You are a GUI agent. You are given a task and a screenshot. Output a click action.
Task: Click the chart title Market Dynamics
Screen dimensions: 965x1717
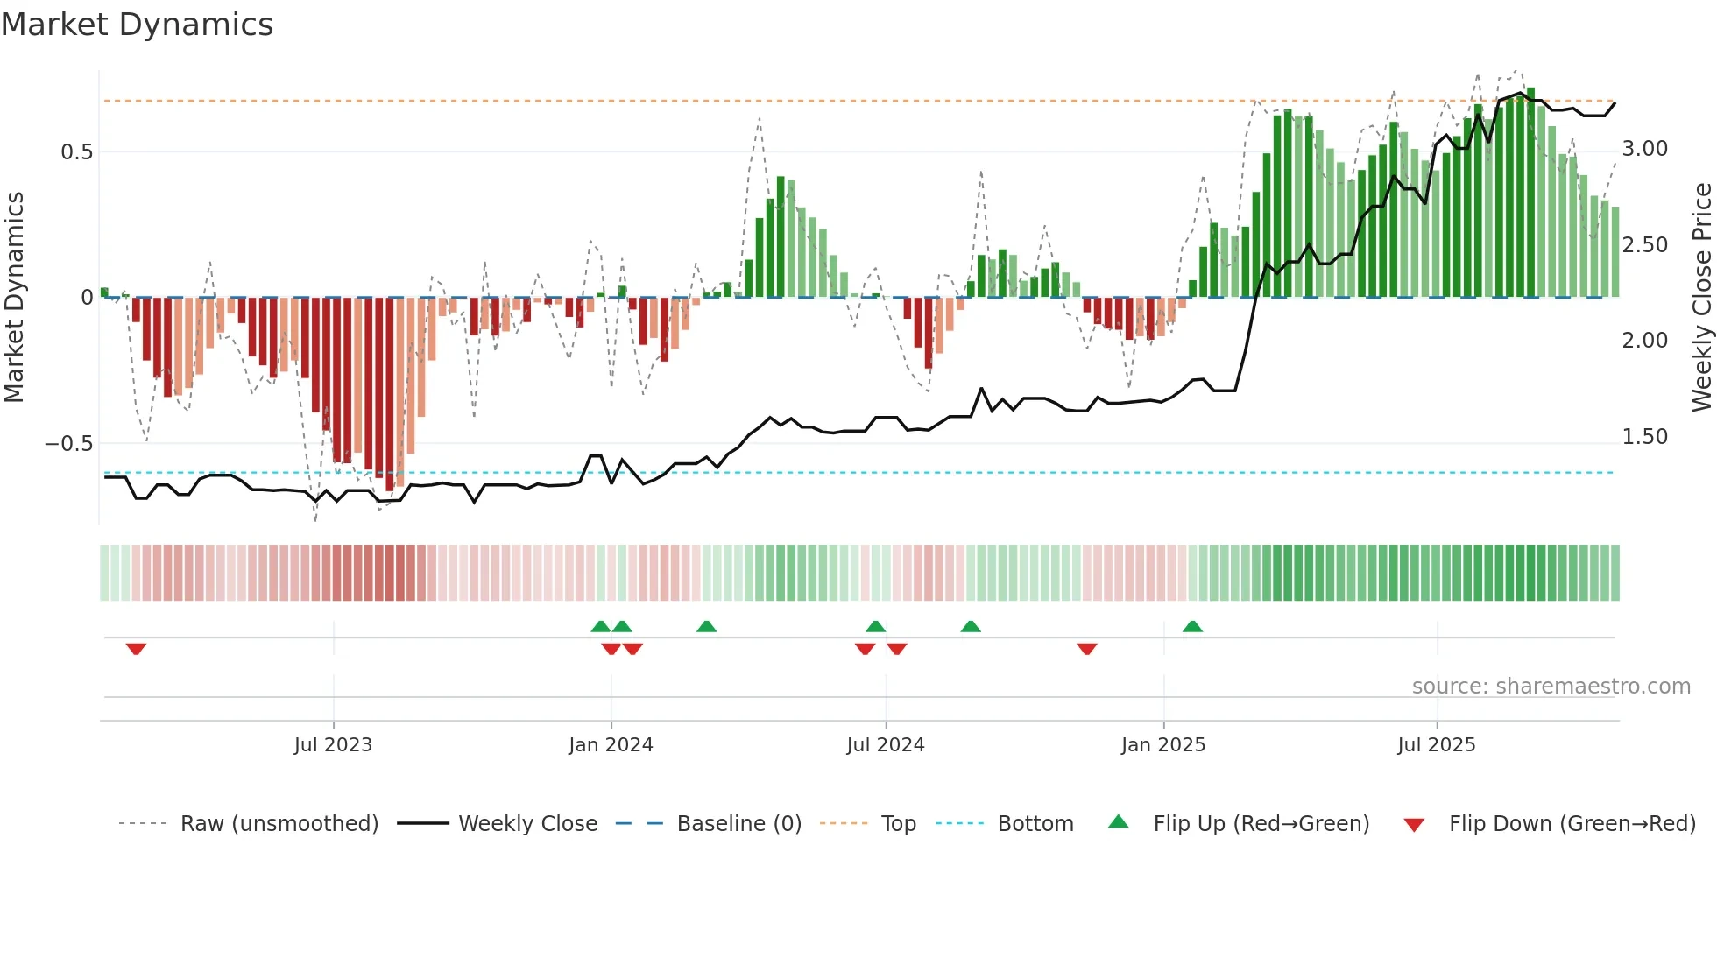tap(137, 25)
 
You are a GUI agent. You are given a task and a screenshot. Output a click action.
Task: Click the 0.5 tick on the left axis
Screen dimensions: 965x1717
tap(76, 152)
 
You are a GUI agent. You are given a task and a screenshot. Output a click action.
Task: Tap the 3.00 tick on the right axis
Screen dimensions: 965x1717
tap(1644, 149)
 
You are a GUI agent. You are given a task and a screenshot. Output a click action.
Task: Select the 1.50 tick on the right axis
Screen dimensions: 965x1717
tap(1644, 437)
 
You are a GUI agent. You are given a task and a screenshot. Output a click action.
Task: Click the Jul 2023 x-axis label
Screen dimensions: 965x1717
tap(333, 745)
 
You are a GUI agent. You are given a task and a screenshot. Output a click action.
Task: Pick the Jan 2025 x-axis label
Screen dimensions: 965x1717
tap(1162, 745)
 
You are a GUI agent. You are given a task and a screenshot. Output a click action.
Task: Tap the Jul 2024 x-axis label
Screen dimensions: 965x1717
tap(885, 745)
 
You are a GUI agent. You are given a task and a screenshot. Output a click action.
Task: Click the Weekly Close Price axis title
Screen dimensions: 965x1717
tap(1701, 297)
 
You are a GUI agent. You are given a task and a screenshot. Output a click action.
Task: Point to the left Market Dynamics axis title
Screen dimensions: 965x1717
tap(14, 297)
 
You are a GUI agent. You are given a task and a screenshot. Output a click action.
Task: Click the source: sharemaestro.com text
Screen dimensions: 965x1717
tap(1551, 687)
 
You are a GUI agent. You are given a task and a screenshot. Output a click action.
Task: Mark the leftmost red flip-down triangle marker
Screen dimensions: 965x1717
tap(136, 649)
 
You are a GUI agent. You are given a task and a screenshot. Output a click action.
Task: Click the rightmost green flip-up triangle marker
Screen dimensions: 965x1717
tap(1192, 626)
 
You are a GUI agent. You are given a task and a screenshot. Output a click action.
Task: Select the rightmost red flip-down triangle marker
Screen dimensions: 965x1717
tap(1086, 649)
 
